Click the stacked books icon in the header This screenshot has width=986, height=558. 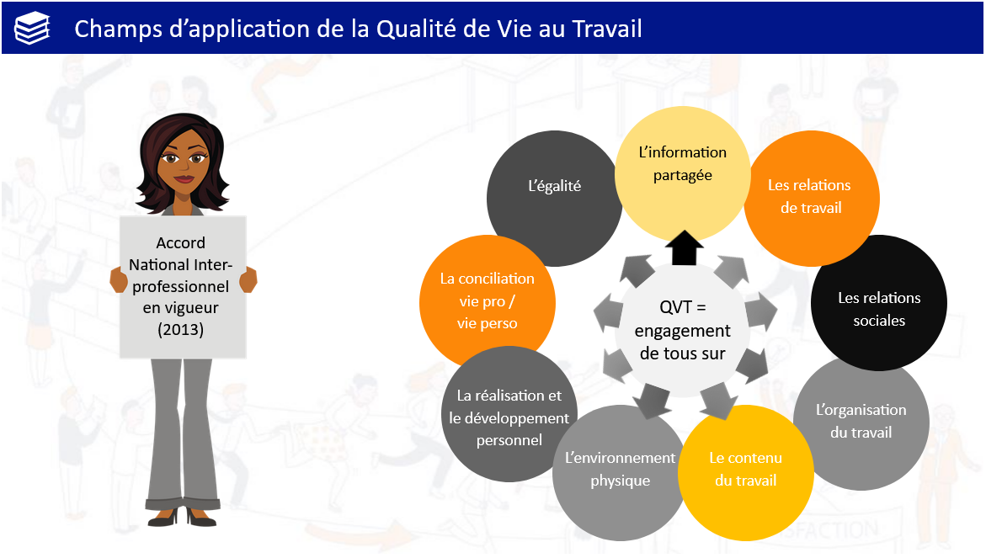pyautogui.click(x=32, y=29)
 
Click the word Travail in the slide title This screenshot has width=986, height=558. pyautogui.click(x=606, y=29)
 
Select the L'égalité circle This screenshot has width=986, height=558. pyautogui.click(x=554, y=198)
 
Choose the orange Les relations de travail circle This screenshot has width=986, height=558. pyautogui.click(x=812, y=198)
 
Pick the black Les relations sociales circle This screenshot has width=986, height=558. pyautogui.click(x=879, y=303)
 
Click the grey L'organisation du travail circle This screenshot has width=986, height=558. pyautogui.click(x=861, y=422)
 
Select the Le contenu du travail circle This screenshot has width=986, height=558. pyautogui.click(x=746, y=472)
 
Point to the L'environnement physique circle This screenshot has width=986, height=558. pyautogui.click(x=619, y=472)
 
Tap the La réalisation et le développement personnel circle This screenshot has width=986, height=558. pyautogui.click(x=509, y=414)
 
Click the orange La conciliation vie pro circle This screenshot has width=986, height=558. pyautogui.click(x=488, y=303)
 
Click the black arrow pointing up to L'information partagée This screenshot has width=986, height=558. pyautogui.click(x=685, y=247)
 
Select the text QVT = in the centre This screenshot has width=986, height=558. pyautogui.click(x=683, y=307)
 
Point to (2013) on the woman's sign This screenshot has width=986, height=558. pyautogui.click(x=180, y=330)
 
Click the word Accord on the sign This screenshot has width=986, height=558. pyautogui.click(x=180, y=242)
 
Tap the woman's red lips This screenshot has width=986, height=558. pyautogui.click(x=184, y=178)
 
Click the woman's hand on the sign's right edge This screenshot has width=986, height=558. pyautogui.click(x=248, y=279)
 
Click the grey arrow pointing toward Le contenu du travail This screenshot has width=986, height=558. pyautogui.click(x=719, y=401)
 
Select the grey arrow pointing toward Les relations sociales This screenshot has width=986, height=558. pyautogui.click(x=761, y=311)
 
